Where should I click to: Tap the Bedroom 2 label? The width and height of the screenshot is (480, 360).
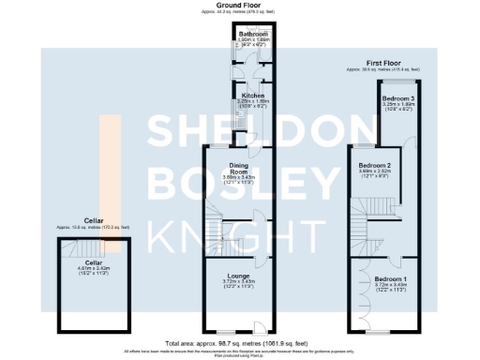point(374,165)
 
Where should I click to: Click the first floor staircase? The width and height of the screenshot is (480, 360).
point(360,225)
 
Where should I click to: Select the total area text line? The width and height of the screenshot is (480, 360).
point(239,343)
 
